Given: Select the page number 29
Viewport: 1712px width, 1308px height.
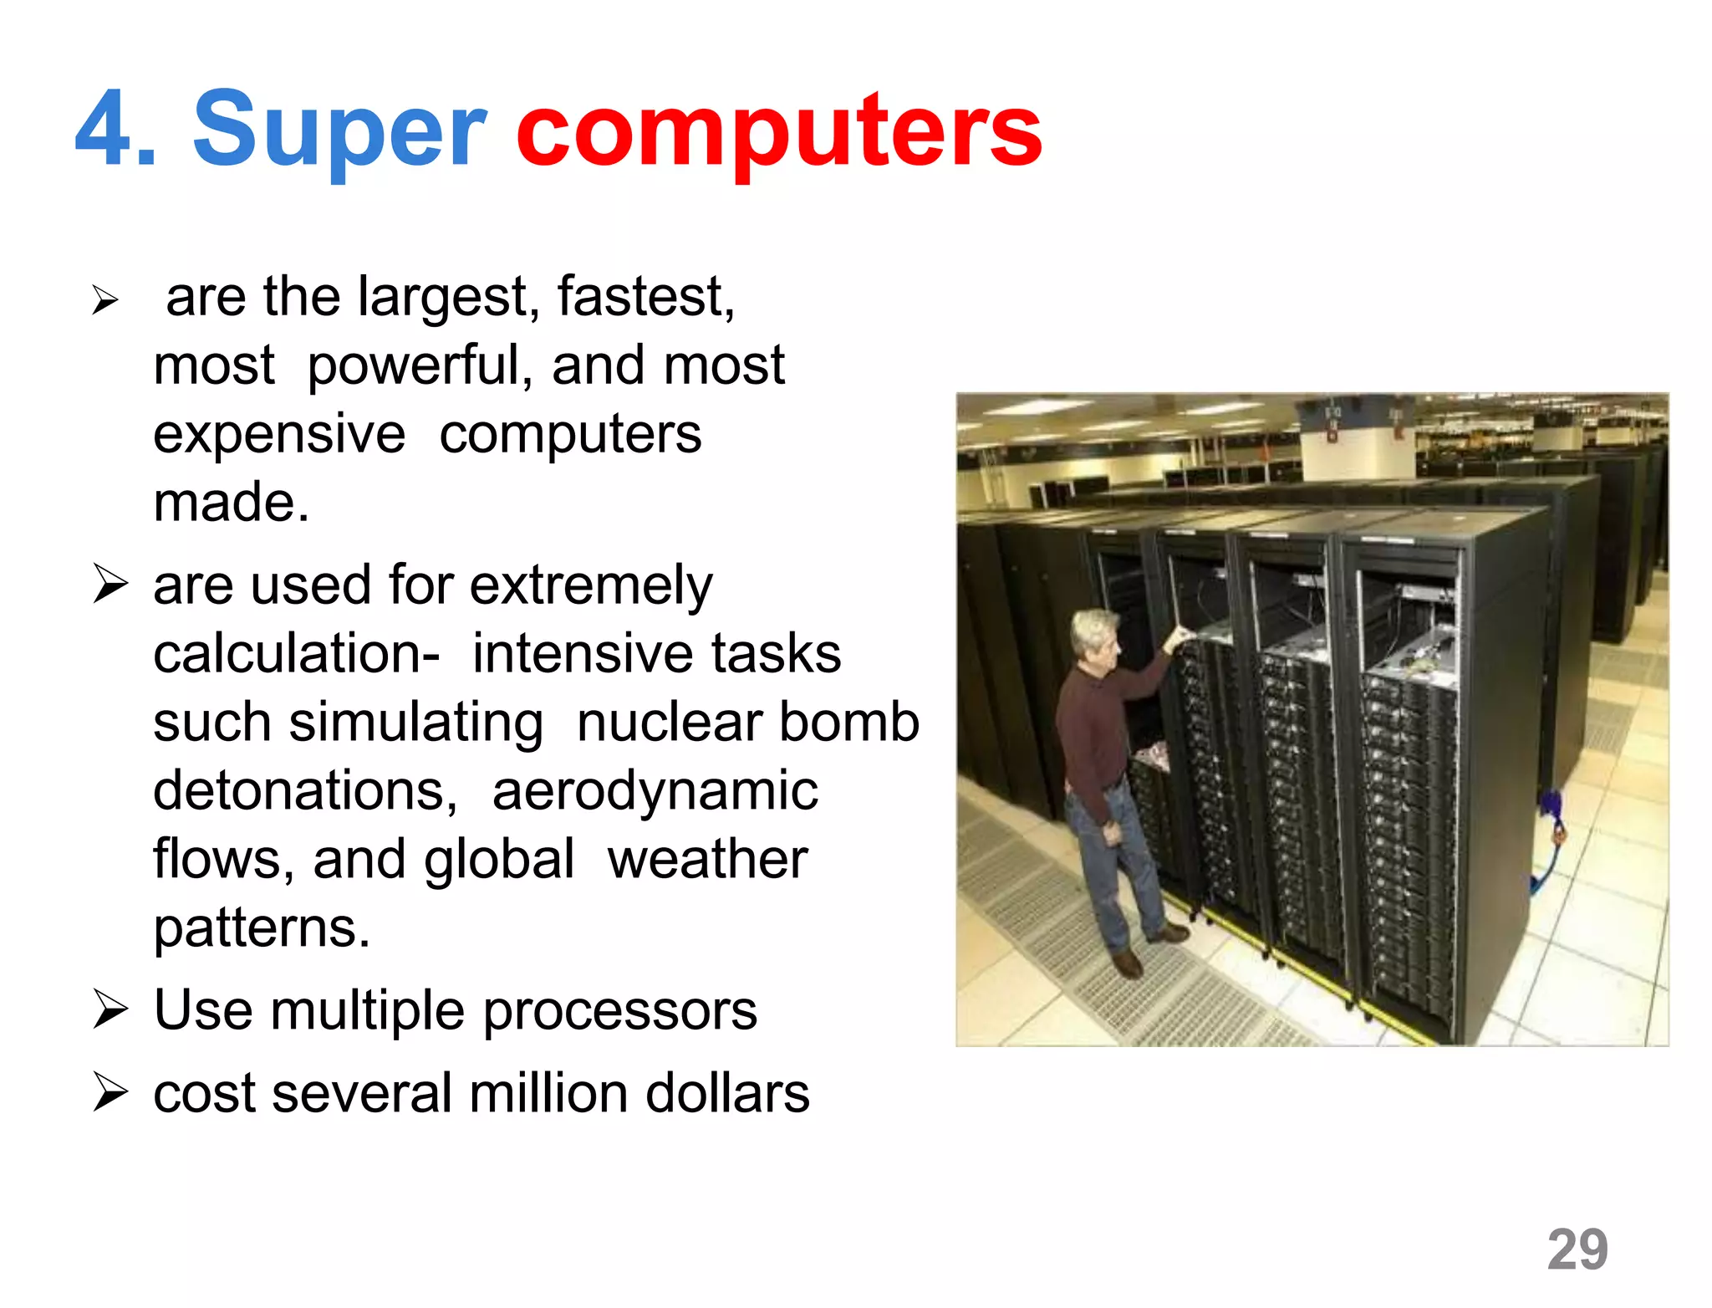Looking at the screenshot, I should (1577, 1249).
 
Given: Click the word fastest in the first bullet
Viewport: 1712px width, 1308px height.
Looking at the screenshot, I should (645, 297).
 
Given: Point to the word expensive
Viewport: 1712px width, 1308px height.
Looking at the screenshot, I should (279, 435).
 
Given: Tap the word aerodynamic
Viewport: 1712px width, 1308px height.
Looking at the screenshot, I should (655, 791).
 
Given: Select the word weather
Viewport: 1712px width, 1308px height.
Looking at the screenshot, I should (707, 860).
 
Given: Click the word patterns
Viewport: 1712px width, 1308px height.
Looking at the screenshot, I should (261, 928).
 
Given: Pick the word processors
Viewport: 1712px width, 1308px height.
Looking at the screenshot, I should (620, 1011).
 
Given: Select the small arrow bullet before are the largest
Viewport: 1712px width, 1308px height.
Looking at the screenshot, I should (105, 299).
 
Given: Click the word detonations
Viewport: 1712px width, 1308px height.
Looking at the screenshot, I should (305, 791).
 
